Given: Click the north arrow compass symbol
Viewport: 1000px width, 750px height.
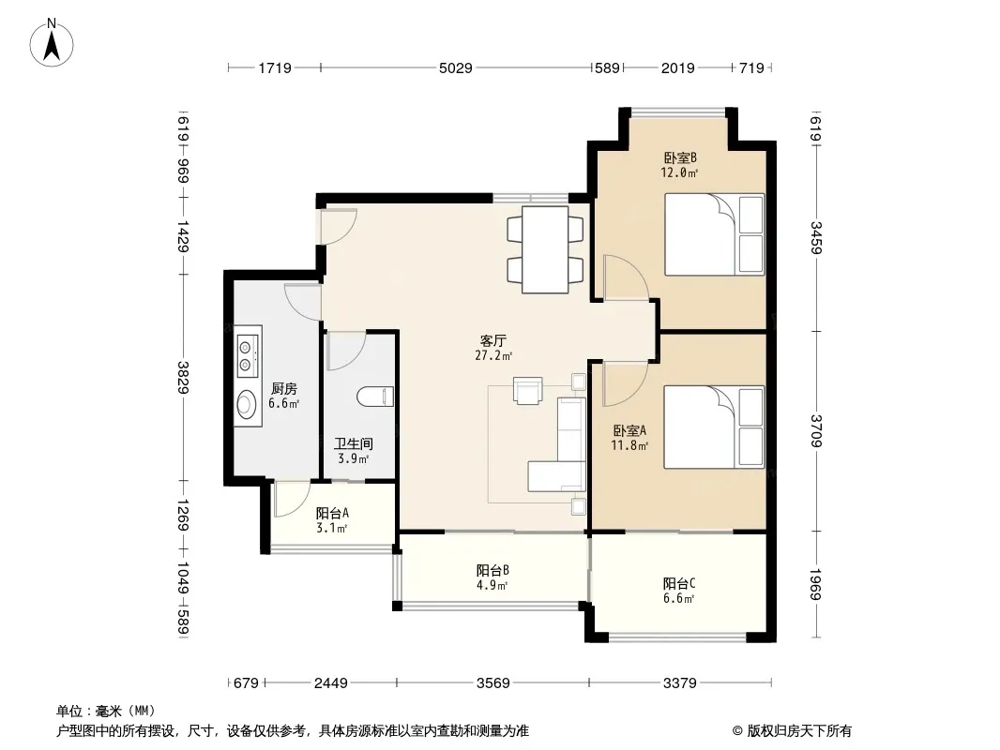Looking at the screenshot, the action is click(52, 43).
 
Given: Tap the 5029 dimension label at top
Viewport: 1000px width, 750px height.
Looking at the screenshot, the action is click(455, 67).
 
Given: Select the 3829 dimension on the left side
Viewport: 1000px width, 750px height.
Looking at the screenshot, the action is click(183, 377).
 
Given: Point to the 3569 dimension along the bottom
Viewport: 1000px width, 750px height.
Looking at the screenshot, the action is click(493, 683).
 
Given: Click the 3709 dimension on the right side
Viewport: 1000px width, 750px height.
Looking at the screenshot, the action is click(816, 430).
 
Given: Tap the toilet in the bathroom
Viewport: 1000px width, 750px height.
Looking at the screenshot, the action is click(376, 397).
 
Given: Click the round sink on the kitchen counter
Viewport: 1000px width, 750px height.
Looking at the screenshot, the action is click(247, 403).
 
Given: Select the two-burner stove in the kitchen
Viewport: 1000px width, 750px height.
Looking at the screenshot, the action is click(247, 356).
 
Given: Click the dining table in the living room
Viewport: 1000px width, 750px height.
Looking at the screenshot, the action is click(545, 249).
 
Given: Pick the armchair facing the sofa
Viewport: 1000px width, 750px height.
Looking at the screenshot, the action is click(528, 391).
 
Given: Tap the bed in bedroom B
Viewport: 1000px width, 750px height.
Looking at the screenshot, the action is click(714, 234).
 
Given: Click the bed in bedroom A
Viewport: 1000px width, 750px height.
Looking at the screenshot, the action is click(714, 427).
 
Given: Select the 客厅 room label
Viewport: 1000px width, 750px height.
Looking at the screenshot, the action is click(493, 341).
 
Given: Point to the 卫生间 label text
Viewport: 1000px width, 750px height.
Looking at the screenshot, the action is click(354, 443).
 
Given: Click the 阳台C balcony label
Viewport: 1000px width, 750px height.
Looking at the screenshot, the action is click(678, 583).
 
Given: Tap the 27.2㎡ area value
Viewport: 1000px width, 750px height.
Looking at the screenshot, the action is click(493, 356).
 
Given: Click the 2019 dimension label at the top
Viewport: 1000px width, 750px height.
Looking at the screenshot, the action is click(677, 67).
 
